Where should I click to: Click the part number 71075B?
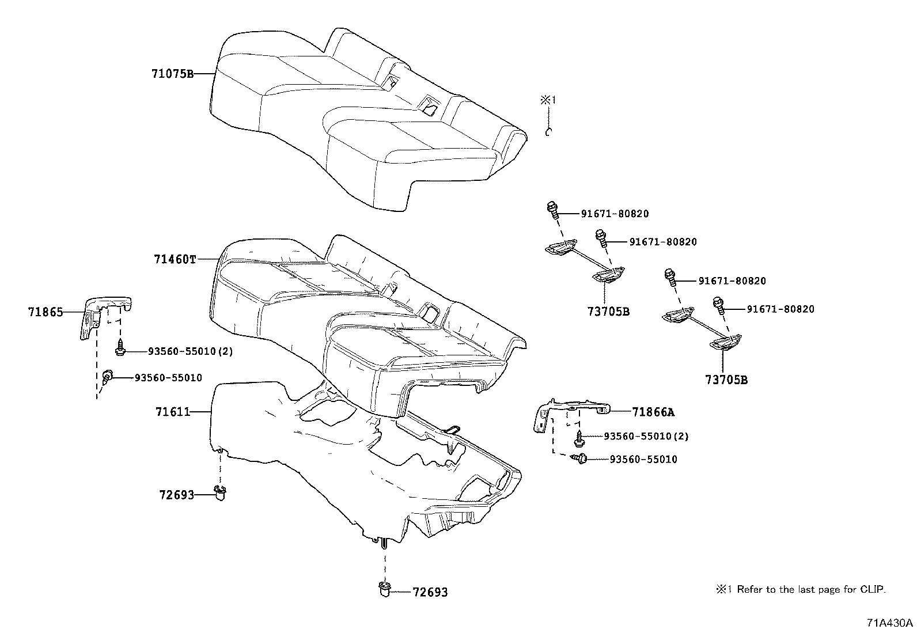coord(172,74)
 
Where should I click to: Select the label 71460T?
coord(175,259)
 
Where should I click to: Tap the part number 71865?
coord(46,312)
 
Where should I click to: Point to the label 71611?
coord(172,412)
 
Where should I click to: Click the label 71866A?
coord(653,412)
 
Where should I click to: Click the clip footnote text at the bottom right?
coord(801,589)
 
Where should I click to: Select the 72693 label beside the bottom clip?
coord(430,592)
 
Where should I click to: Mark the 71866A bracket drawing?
coord(570,412)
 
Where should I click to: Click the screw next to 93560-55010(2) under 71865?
coord(120,349)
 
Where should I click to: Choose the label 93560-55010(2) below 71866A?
coord(646,436)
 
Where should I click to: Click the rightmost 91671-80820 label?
coord(780,309)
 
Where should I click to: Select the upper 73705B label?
coord(608,312)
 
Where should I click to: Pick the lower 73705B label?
coord(726,380)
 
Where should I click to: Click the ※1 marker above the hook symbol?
coord(548,101)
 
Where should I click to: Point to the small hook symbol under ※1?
coord(549,132)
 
